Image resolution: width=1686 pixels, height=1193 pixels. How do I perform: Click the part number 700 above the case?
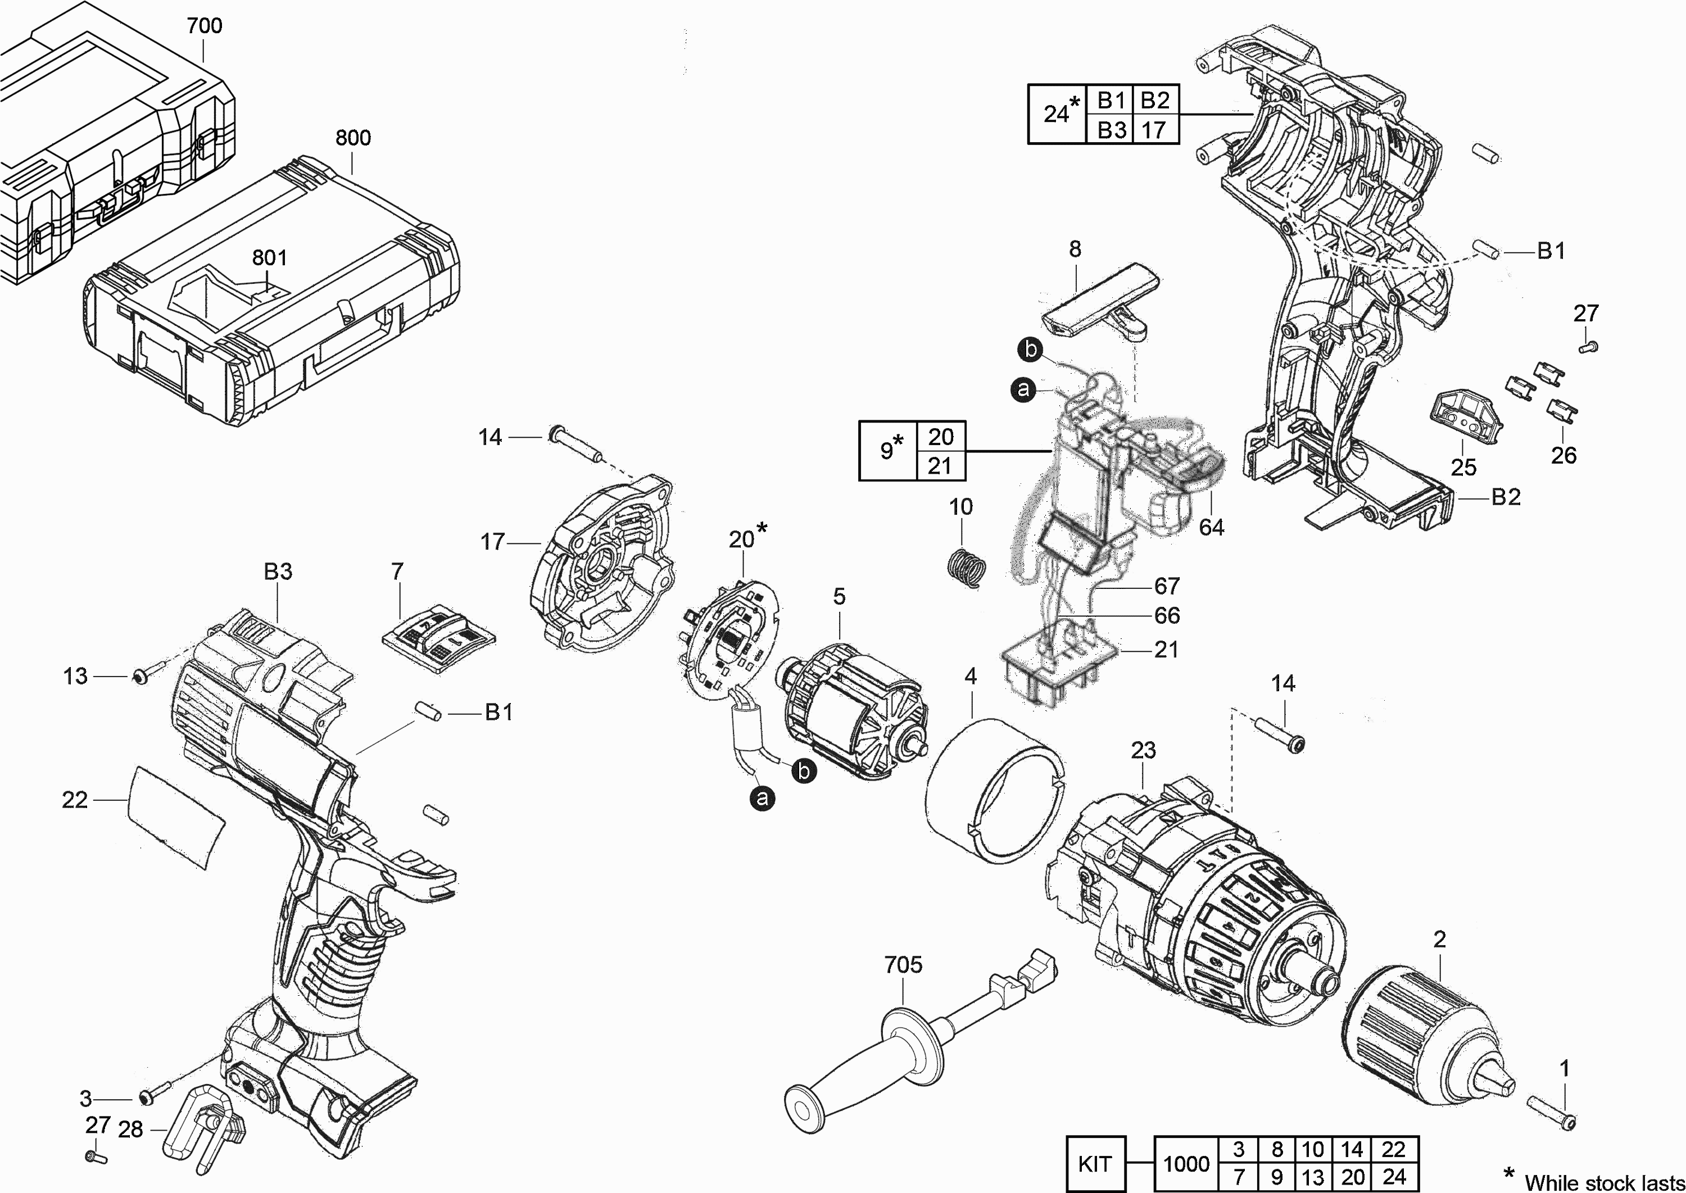tap(204, 26)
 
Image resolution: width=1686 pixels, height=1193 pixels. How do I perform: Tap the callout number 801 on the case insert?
tap(270, 258)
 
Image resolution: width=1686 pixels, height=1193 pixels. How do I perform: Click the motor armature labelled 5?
tap(852, 709)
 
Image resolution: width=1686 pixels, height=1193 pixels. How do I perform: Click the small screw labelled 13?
tap(140, 676)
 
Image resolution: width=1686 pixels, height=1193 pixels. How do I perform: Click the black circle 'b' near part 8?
tap(1031, 350)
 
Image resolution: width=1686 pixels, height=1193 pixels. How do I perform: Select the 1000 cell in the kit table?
tap(1186, 1164)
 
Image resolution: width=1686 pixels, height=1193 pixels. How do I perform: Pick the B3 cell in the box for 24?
tap(1111, 130)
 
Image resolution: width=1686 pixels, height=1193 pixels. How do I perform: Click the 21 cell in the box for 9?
tap(940, 466)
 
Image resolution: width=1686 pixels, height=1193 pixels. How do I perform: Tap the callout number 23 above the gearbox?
tap(1143, 750)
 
